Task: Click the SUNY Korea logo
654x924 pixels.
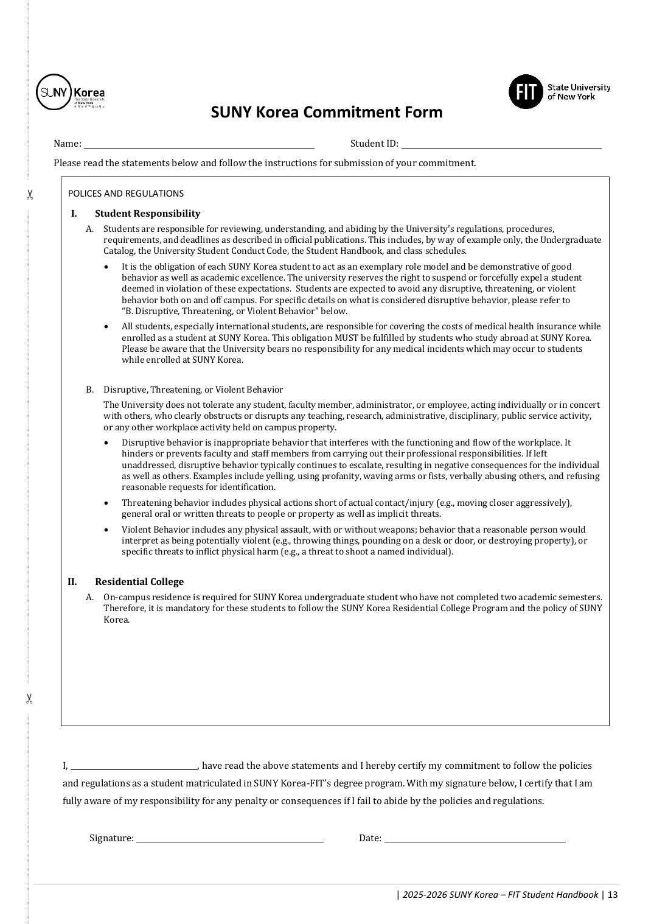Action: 71,92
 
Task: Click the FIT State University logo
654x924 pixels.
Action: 559,92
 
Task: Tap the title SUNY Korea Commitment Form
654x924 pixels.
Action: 327,113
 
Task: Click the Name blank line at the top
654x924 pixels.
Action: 199,144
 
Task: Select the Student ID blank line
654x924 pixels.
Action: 501,144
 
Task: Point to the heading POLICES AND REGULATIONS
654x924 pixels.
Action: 126,194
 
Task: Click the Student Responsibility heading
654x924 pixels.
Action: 147,214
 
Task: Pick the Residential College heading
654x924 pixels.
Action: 139,582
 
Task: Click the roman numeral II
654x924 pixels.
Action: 72,582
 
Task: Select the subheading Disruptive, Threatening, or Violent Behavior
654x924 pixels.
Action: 193,390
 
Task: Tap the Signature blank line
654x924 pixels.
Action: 229,839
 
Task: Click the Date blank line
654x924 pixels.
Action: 475,839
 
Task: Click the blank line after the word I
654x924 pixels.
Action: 134,766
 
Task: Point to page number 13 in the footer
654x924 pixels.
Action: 613,895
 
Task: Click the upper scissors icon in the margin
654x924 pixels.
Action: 29,195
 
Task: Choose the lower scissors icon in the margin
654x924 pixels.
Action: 29,699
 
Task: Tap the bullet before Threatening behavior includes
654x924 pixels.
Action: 107,503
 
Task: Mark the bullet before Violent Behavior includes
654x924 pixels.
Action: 107,530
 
